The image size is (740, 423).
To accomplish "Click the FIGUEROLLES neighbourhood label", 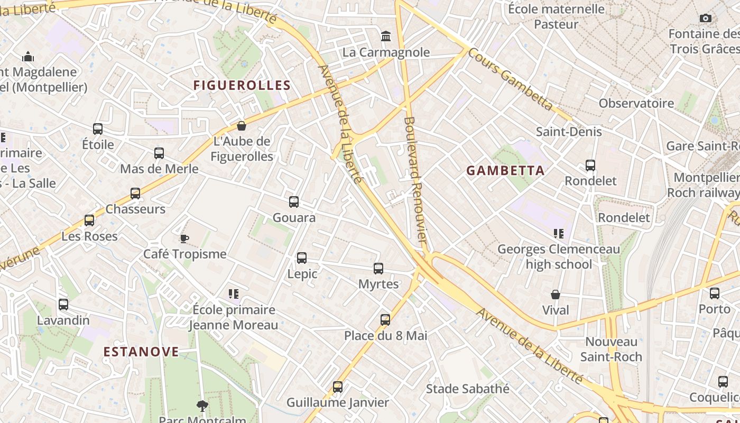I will click(x=242, y=85).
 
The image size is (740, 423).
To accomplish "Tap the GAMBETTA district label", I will click(x=505, y=170).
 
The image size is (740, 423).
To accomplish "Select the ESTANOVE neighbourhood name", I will click(x=141, y=352).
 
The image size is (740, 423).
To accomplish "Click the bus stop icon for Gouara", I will click(x=294, y=201).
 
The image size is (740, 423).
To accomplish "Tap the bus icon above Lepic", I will click(x=302, y=258).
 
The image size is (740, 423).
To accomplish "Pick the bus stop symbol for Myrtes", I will click(x=378, y=268).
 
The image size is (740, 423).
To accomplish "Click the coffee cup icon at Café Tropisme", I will click(x=184, y=238).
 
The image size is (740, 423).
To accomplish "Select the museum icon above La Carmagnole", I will click(x=386, y=36).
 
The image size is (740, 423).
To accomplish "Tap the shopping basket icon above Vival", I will click(x=556, y=295).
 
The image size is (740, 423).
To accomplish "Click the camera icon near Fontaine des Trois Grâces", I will click(x=705, y=19).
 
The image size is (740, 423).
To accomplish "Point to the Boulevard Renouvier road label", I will click(x=415, y=180).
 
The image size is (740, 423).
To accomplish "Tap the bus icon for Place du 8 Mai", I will click(x=385, y=319).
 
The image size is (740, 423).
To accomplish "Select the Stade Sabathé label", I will click(x=468, y=389).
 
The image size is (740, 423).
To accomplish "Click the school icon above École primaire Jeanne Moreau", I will click(x=234, y=293).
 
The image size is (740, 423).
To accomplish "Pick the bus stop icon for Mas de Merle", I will click(x=159, y=153).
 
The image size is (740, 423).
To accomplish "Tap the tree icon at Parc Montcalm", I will click(x=202, y=406).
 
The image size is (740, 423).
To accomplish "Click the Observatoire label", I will click(x=636, y=103).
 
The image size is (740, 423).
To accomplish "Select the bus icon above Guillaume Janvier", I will click(x=338, y=387).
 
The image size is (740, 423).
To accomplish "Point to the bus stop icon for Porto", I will click(x=715, y=293).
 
